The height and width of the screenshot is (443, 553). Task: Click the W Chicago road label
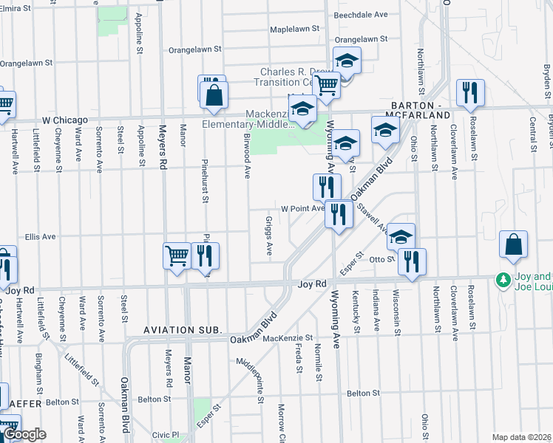(63, 120)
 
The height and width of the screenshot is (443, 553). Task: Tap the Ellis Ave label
(41, 237)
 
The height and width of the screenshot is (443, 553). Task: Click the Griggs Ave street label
(269, 236)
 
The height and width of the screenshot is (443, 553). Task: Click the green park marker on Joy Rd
(503, 281)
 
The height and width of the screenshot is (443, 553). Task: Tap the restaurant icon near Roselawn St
(469, 93)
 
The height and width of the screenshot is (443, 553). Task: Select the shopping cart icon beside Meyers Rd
(177, 256)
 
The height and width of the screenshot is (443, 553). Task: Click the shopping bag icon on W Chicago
(214, 95)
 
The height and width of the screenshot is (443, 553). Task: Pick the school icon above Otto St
(401, 236)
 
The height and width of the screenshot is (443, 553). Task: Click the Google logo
(25, 435)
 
